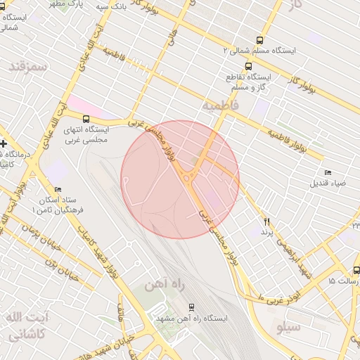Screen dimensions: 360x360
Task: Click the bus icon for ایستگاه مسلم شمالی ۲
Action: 259,41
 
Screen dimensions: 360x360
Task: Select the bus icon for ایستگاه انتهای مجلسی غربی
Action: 86,119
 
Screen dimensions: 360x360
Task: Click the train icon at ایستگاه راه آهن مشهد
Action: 191,308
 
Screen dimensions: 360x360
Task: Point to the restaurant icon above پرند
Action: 266,221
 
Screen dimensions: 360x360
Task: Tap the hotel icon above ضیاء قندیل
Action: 328,173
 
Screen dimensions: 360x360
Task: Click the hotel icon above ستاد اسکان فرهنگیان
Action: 58,189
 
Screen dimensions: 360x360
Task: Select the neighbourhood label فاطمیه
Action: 221,105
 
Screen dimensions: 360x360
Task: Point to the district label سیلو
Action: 290,327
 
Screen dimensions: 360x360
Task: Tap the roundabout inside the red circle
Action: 187,179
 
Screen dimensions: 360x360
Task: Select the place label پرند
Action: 266,232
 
